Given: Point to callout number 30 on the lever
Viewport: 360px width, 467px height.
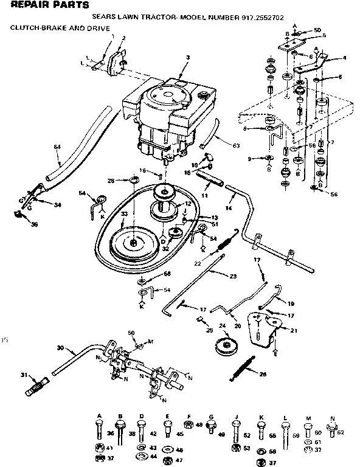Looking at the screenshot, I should coord(60,348).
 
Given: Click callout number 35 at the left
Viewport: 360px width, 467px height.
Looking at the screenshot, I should coord(16,224).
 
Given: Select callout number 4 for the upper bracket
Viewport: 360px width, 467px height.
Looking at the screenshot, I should coord(344,58).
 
